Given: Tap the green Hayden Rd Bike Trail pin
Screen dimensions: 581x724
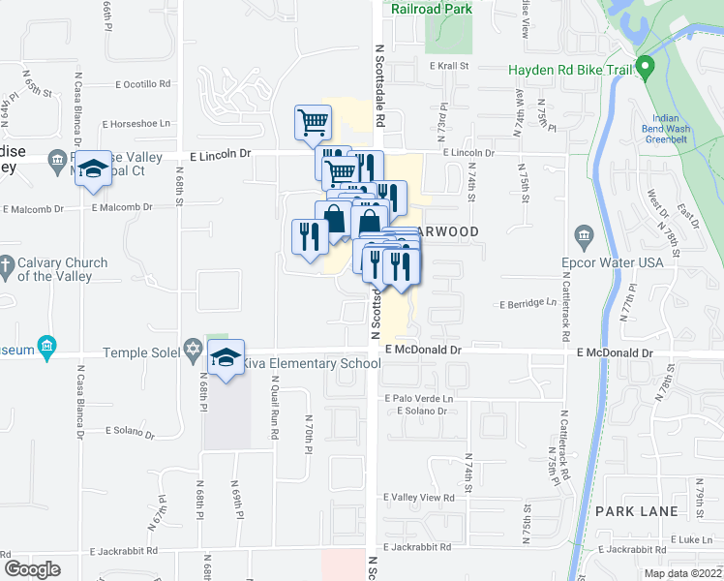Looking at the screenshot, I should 648,69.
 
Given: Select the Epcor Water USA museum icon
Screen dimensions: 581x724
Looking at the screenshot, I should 584,235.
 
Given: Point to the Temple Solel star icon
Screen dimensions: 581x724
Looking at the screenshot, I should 193,348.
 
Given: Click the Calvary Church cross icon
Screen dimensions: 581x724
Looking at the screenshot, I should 7,263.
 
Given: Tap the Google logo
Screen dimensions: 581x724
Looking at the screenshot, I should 32,569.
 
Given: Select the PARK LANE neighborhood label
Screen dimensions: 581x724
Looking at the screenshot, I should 627,510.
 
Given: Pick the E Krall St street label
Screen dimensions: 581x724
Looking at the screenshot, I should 449,66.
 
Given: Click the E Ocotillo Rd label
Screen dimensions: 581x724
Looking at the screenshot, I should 141,84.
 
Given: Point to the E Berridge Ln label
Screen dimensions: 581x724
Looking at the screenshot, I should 528,303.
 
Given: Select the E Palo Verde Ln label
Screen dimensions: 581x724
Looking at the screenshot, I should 418,398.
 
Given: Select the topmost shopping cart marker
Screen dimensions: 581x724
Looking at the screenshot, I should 313,123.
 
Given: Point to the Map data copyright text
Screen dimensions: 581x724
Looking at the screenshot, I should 682,573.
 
